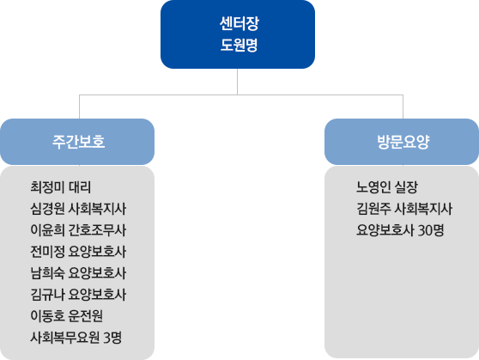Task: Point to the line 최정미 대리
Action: [x=59, y=186]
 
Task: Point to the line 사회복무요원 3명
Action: [x=76, y=337]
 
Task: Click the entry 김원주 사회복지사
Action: [x=404, y=208]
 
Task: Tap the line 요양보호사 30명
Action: [x=400, y=229]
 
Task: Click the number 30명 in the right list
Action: [x=431, y=229]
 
